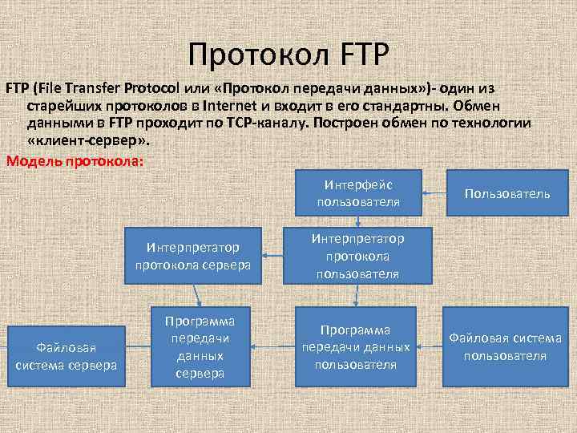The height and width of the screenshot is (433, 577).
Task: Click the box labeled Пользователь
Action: click(507, 193)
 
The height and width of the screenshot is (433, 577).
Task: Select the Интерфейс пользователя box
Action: click(357, 192)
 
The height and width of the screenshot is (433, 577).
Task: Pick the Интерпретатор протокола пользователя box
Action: click(357, 256)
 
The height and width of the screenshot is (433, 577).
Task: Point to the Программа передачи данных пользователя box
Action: click(356, 347)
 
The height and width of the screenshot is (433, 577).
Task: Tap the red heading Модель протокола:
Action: click(75, 160)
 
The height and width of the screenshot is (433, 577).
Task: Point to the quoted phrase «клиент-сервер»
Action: click(87, 141)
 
